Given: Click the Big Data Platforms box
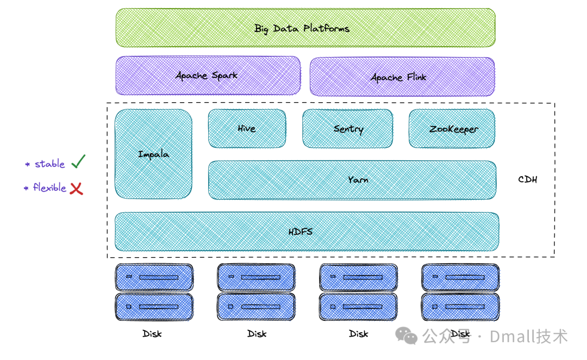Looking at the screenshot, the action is (305, 28).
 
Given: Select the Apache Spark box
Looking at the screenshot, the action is (208, 75).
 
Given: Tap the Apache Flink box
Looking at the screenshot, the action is (402, 77).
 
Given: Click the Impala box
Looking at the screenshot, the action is (153, 154).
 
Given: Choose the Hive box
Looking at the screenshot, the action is (247, 128).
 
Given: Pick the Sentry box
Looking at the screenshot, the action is (348, 128).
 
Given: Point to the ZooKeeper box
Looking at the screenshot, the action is (452, 128).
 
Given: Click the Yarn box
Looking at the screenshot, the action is (352, 180).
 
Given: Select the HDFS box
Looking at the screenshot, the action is (307, 232).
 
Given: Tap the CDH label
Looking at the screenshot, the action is (527, 179).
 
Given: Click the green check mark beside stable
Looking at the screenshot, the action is (78, 162).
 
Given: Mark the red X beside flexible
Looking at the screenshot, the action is (77, 188).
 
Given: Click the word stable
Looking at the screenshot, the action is (50, 164).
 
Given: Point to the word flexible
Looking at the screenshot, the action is (50, 187).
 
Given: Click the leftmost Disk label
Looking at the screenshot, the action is (152, 333).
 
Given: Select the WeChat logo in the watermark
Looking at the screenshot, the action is (406, 336).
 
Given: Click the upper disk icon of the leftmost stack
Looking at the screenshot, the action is (154, 277).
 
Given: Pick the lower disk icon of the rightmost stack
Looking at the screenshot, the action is (460, 307).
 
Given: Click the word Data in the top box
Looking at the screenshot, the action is (286, 28).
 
